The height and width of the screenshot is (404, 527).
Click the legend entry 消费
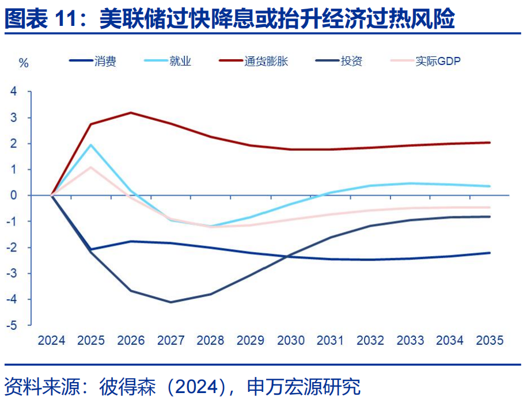pos(105,61)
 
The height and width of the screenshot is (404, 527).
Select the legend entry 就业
pos(180,61)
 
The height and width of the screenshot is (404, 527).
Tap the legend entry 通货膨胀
pos(265,61)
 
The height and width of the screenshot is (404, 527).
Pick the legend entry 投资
pos(351,61)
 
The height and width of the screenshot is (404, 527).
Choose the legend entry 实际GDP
pos(438,61)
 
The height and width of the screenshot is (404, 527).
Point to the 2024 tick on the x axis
pos(51,340)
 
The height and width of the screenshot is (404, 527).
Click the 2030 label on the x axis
pos(291,340)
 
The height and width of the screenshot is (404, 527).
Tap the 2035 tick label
pos(490,340)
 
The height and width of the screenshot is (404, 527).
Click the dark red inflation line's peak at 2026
pos(131,112)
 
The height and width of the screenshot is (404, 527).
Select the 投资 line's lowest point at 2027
pos(171,302)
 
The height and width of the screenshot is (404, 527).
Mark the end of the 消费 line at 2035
pos(490,253)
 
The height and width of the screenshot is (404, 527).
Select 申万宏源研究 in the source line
pos(304,386)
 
